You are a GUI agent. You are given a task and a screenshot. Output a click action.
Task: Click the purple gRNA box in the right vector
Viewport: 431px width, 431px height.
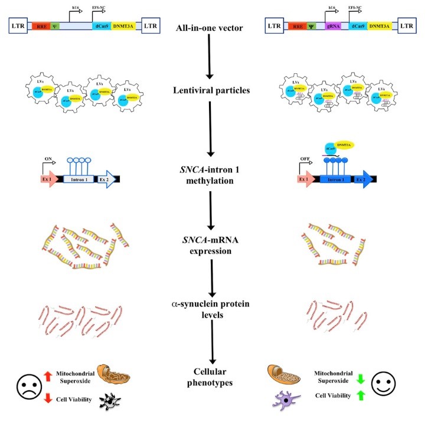point(329,26)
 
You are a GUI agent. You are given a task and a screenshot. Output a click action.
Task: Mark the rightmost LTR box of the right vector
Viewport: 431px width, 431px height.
point(408,26)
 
